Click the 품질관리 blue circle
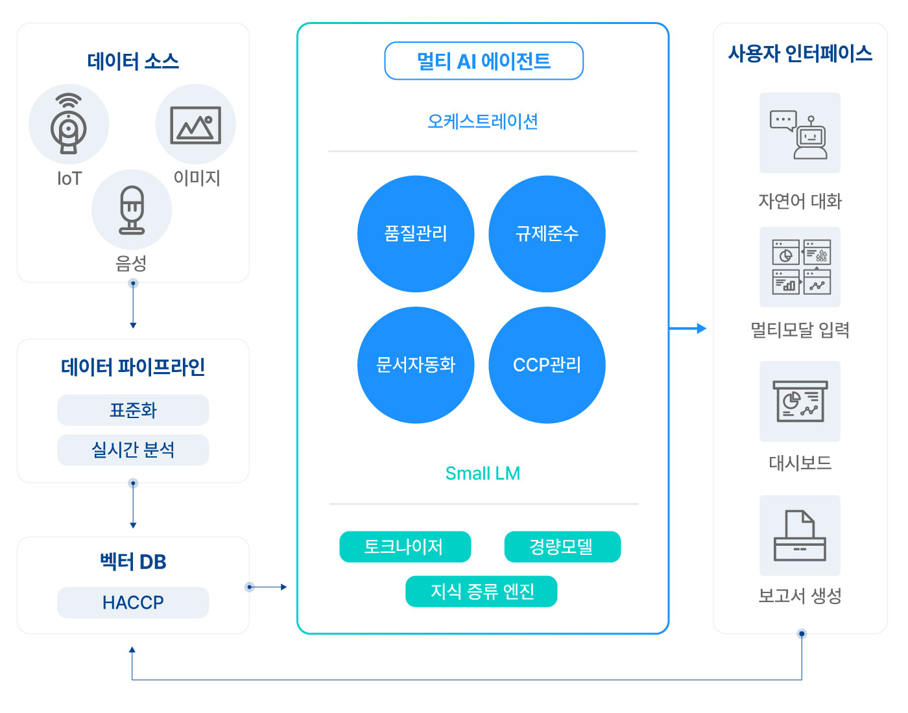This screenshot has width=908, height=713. click(415, 234)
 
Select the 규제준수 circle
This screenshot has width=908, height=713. click(547, 234)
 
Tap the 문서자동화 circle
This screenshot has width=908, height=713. click(415, 365)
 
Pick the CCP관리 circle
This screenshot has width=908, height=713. click(547, 365)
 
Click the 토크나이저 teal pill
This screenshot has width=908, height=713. click(405, 546)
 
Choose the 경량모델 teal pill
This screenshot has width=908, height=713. click(562, 546)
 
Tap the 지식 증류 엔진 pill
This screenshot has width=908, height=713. click(481, 591)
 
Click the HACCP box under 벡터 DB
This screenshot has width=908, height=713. click(133, 602)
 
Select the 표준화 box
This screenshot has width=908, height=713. click(133, 410)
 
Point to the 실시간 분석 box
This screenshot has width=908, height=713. click(133, 450)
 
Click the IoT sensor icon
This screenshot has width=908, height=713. click(69, 123)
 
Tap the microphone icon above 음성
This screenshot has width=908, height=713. click(132, 209)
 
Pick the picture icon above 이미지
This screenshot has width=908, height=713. click(196, 125)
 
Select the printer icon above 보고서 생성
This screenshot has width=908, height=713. click(799, 535)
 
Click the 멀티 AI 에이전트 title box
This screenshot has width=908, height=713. click(483, 60)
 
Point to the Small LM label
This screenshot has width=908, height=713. click(483, 473)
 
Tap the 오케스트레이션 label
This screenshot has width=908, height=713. click(483, 121)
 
